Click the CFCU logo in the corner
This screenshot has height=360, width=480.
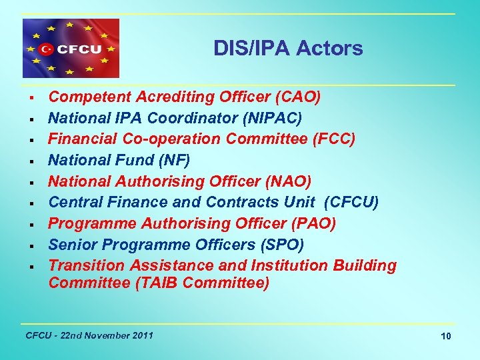71,49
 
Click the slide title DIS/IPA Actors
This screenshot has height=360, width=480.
288,48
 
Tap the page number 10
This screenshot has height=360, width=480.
446,336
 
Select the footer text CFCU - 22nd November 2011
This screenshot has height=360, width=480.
89,335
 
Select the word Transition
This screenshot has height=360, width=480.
87,265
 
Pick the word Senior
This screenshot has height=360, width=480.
72,244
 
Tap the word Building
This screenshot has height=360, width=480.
364,265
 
